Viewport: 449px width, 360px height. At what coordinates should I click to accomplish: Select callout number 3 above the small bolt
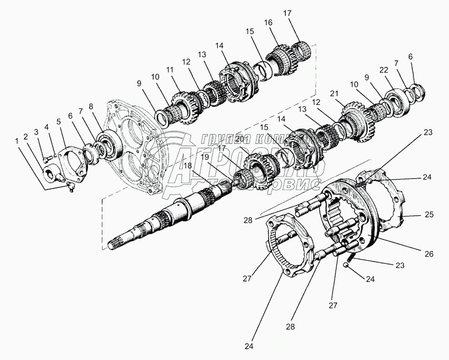tap(36, 132)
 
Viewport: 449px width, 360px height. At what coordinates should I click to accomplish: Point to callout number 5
tap(59, 121)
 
